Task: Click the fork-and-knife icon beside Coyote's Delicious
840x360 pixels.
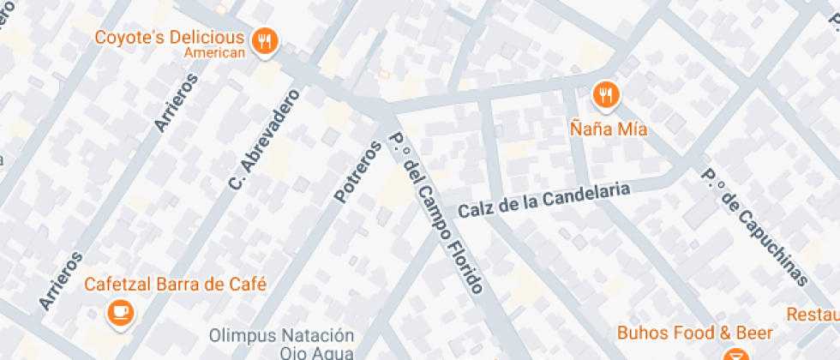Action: pyautogui.click(x=265, y=41)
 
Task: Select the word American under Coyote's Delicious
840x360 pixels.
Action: pyautogui.click(x=214, y=52)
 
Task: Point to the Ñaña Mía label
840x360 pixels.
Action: pyautogui.click(x=609, y=130)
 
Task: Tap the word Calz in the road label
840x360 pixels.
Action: pyautogui.click(x=474, y=210)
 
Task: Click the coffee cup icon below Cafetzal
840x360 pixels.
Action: pyautogui.click(x=119, y=313)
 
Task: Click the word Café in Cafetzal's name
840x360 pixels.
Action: pyautogui.click(x=249, y=285)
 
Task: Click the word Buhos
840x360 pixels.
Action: pyautogui.click(x=645, y=333)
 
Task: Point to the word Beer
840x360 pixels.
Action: pyautogui.click(x=755, y=333)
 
